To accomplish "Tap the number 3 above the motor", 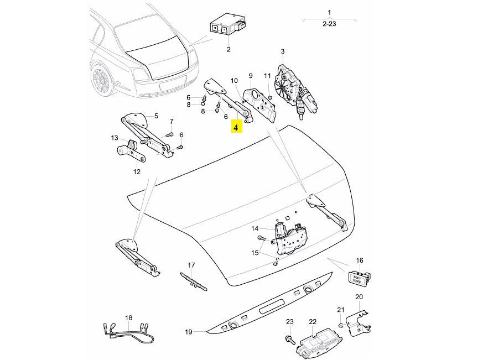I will [x=282, y=52].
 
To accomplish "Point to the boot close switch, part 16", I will [x=359, y=278].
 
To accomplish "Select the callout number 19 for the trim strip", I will [x=188, y=332].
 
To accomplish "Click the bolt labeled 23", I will [x=289, y=338].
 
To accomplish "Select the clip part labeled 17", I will [x=192, y=280].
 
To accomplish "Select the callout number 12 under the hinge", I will [x=137, y=171].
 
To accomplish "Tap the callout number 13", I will [x=114, y=138].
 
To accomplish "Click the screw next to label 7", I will [x=169, y=134].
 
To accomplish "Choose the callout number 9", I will [x=250, y=75].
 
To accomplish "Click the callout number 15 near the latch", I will [x=255, y=253].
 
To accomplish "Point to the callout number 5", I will [x=156, y=116].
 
